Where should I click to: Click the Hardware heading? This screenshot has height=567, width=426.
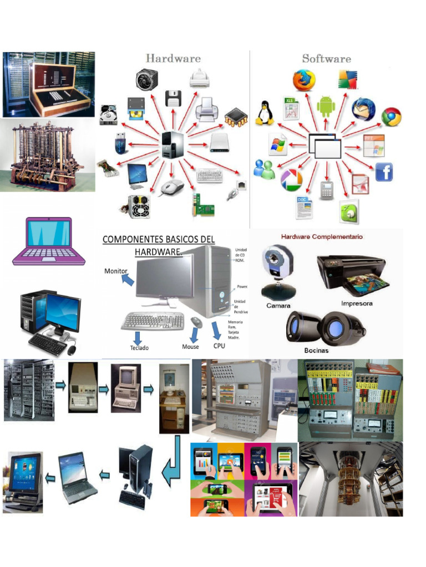(x=173, y=58)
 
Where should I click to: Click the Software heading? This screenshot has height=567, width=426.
(x=326, y=58)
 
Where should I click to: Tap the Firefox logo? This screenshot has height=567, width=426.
(x=304, y=80)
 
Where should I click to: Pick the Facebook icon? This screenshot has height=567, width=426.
(x=384, y=172)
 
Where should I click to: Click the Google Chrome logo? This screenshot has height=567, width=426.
(x=392, y=117)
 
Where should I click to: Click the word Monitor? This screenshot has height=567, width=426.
(x=116, y=271)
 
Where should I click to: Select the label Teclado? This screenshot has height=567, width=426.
(x=139, y=348)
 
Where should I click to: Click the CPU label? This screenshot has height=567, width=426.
(x=219, y=346)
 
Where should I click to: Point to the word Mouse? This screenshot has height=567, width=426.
(x=190, y=347)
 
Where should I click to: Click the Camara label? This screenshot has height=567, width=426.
(x=278, y=306)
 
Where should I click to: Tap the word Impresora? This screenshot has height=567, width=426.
(x=357, y=303)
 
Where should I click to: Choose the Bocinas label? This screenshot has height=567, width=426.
(x=316, y=350)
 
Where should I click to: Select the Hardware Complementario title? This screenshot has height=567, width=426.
(x=322, y=236)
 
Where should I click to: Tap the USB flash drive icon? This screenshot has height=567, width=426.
(x=120, y=143)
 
